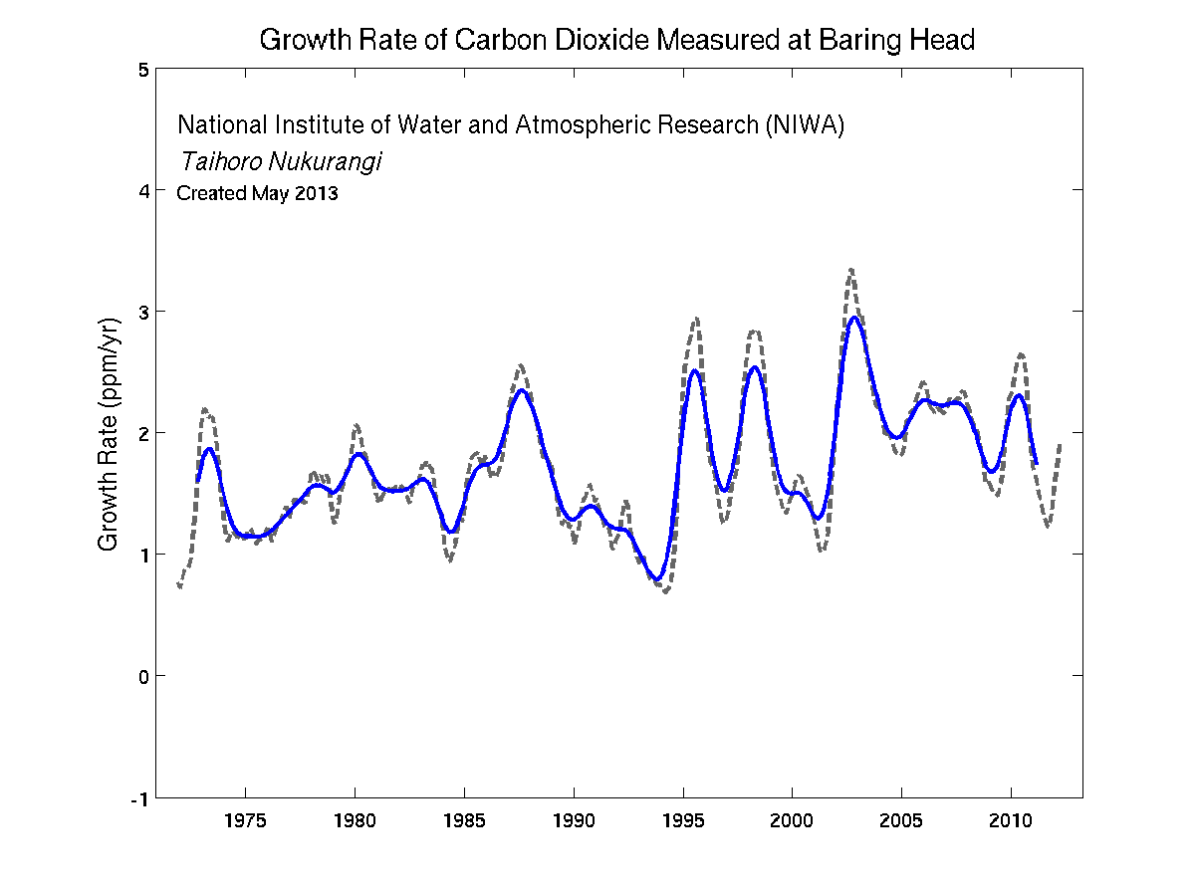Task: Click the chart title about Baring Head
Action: [x=615, y=41]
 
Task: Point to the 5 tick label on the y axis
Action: [x=143, y=70]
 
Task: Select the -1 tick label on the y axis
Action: [x=140, y=797]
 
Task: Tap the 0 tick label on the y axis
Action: [x=143, y=676]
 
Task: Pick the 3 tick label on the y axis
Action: [x=143, y=312]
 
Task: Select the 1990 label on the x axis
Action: [x=574, y=821]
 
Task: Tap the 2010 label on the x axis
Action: [x=1011, y=821]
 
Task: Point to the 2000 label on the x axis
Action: [x=792, y=821]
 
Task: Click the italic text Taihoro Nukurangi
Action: [x=281, y=161]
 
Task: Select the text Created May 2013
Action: [x=257, y=194]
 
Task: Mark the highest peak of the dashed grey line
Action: [x=851, y=269]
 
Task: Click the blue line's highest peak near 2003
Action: [x=854, y=318]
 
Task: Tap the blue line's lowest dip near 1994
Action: [x=656, y=579]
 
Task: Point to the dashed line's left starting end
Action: [x=179, y=586]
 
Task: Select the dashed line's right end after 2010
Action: [x=1060, y=445]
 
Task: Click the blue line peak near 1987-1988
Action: [x=521, y=389]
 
